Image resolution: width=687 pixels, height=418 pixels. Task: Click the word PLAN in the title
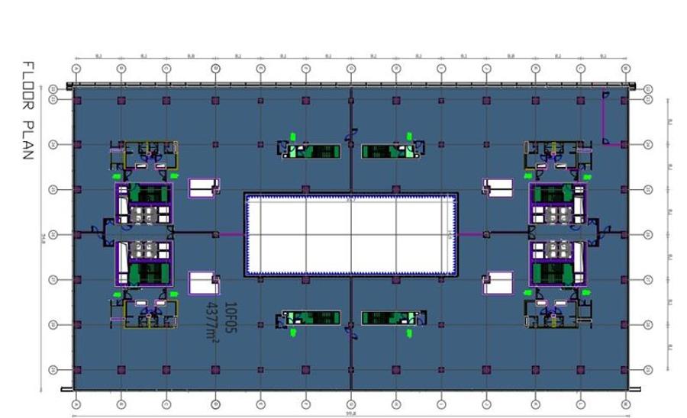pos(28,139)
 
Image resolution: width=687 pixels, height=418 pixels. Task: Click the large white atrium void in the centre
pos(350,234)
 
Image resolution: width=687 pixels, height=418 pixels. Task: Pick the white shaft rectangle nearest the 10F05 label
pos(204,282)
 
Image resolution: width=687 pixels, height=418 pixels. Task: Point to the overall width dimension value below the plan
pos(350,413)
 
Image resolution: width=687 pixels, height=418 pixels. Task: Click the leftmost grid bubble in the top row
pos(76,69)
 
